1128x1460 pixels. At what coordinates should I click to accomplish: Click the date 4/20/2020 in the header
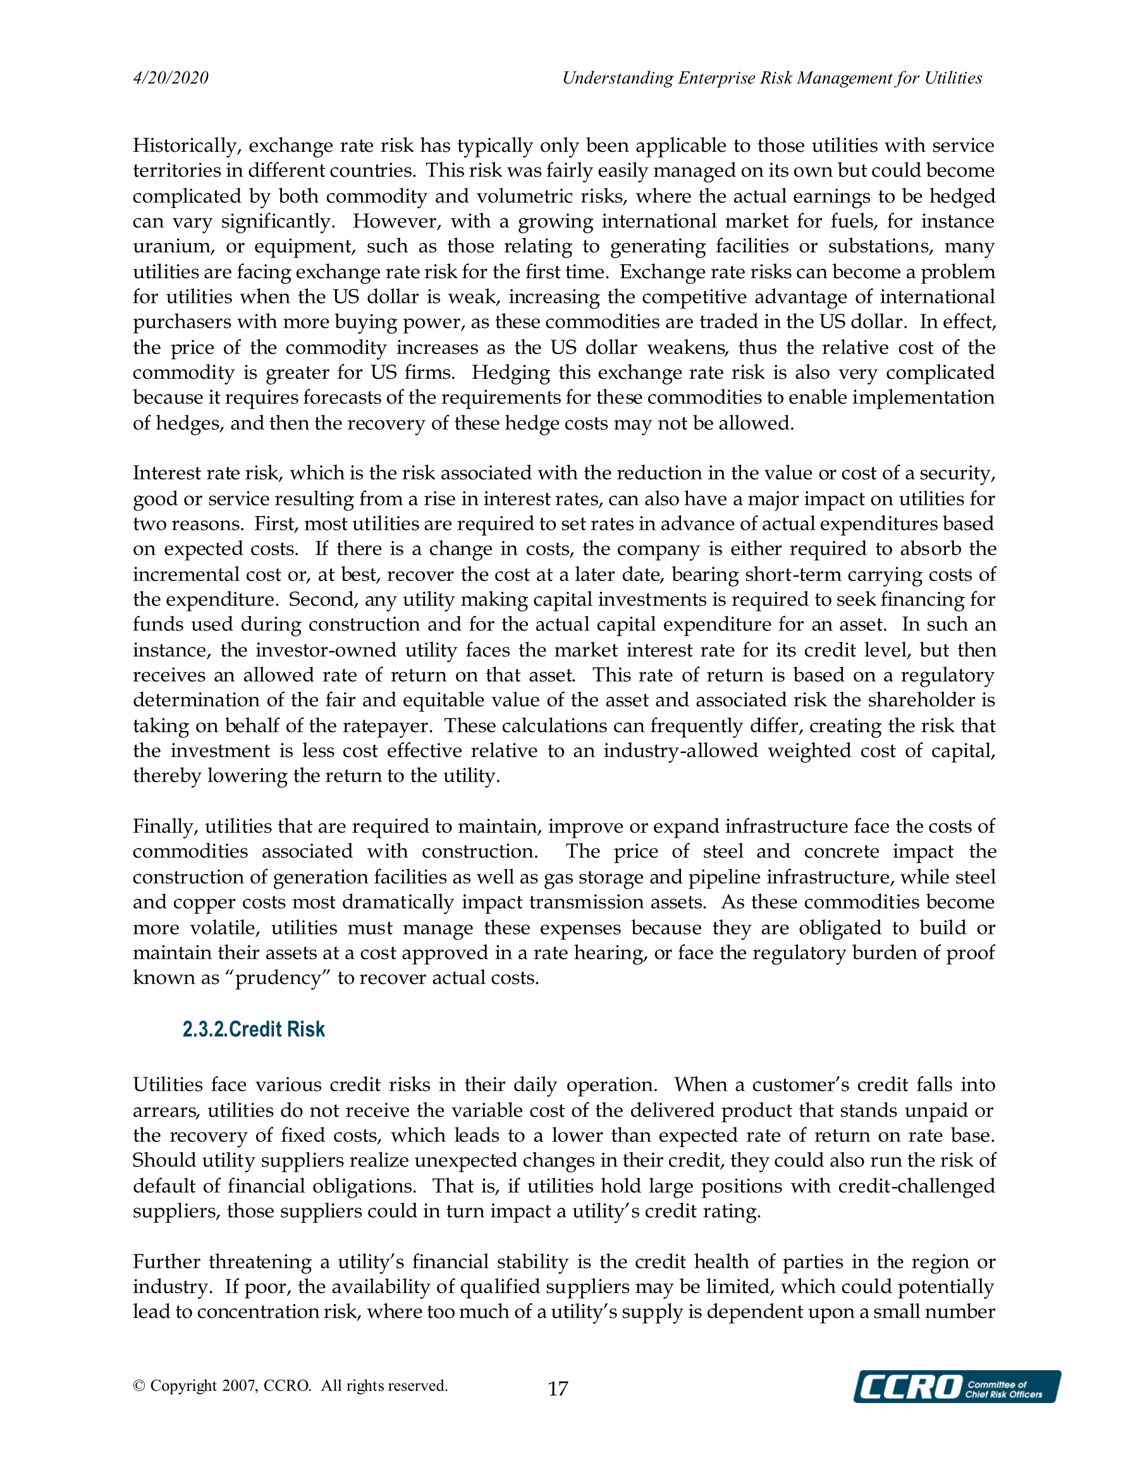(x=171, y=78)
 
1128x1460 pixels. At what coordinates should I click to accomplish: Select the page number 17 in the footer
(x=558, y=1389)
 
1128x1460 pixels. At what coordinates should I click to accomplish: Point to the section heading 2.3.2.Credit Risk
(x=254, y=1029)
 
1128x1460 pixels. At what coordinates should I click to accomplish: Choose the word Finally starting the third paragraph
(x=165, y=826)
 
